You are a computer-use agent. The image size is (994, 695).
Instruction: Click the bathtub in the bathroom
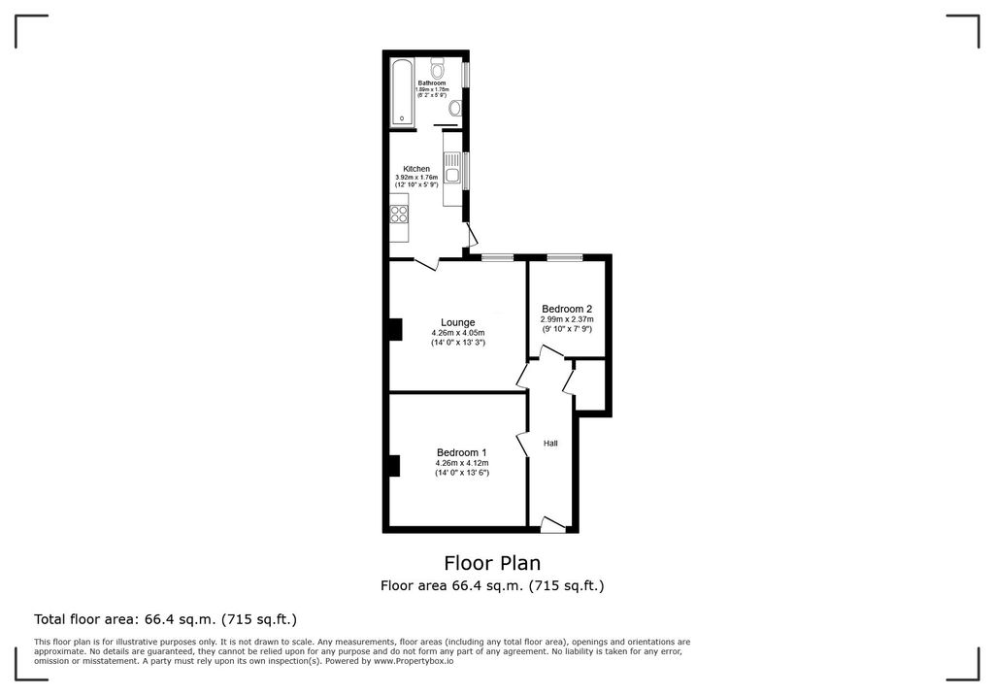click(x=402, y=92)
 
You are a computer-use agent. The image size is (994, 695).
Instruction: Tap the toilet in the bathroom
click(x=438, y=69)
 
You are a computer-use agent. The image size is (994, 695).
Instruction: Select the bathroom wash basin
click(x=455, y=108)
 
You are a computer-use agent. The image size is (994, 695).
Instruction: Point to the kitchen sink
click(x=450, y=177)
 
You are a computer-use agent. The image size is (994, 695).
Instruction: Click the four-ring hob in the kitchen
click(x=399, y=209)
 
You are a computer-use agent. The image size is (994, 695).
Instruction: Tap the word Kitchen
click(x=416, y=169)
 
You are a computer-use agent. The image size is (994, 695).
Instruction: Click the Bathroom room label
click(x=432, y=83)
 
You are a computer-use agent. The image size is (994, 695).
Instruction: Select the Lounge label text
click(x=457, y=322)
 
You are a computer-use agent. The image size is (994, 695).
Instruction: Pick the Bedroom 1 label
click(x=461, y=452)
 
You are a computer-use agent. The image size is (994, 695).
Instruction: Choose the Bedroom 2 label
click(x=567, y=310)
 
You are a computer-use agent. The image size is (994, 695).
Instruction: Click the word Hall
click(x=550, y=444)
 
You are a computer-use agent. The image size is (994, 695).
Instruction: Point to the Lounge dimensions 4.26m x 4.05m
click(x=457, y=333)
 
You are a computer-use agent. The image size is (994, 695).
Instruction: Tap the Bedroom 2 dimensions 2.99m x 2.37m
click(x=567, y=319)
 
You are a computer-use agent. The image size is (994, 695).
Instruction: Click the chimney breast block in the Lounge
click(x=394, y=330)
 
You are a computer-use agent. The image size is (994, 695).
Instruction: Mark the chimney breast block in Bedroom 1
click(x=394, y=466)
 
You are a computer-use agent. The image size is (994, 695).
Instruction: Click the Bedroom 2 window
click(x=564, y=257)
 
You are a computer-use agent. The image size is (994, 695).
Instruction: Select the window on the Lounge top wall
click(x=497, y=257)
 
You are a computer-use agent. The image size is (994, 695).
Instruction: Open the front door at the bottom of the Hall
click(x=552, y=526)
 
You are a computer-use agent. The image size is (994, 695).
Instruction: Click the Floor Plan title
click(x=492, y=563)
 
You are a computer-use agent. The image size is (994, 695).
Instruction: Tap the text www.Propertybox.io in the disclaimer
click(x=414, y=661)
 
